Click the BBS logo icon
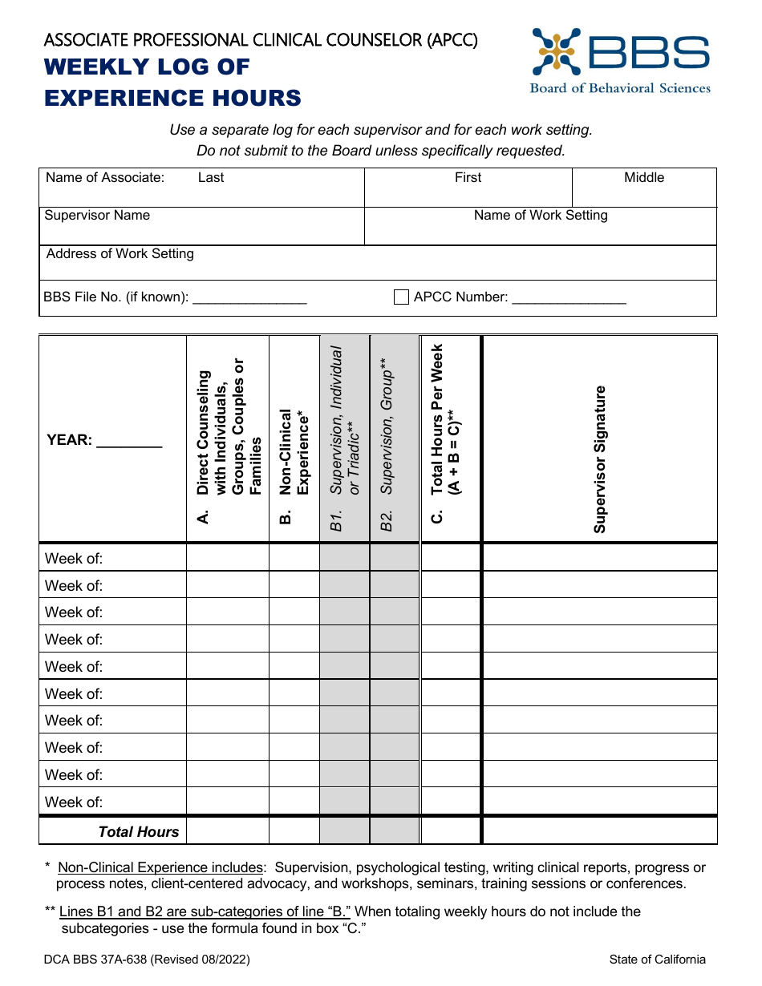click(556, 52)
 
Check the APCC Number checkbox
click(402, 297)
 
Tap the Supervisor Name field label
click(97, 215)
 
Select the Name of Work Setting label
click(541, 215)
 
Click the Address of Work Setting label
click(120, 253)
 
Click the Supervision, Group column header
click(387, 441)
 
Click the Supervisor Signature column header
click(600, 459)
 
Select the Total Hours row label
click(139, 831)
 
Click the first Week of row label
click(74, 558)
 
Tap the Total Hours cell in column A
click(228, 830)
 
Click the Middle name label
click(644, 177)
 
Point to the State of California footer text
click(657, 959)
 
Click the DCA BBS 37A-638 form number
click(147, 959)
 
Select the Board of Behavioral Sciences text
click(620, 88)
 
